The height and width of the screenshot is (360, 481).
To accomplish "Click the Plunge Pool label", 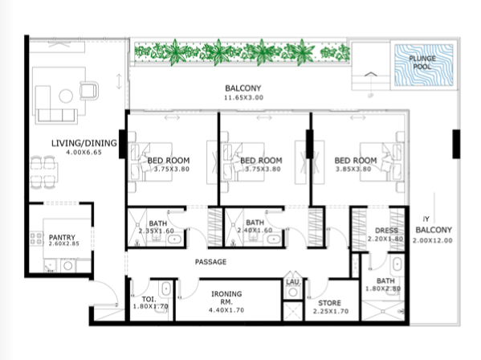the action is (x=422, y=63).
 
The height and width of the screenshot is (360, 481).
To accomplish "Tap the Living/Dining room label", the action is (x=84, y=143).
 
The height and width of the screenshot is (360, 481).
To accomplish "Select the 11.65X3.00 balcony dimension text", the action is (x=243, y=97).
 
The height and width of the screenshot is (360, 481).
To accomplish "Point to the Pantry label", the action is (x=62, y=237).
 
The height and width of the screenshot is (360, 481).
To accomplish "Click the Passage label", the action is (x=210, y=262).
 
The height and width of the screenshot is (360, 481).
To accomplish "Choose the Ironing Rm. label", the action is (x=226, y=297).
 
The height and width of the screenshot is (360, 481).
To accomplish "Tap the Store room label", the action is (x=329, y=303).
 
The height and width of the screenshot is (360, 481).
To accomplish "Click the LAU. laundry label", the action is (x=294, y=282).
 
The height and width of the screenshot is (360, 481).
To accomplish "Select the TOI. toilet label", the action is (x=149, y=299).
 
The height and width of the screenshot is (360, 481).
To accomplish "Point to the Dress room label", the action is (x=386, y=231).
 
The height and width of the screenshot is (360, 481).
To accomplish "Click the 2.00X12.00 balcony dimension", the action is (x=433, y=240).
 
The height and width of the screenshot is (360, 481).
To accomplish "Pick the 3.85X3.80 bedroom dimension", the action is (x=353, y=169).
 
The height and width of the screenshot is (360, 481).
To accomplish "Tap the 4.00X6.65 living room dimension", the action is (x=84, y=152).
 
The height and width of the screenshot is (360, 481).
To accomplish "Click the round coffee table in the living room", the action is (x=66, y=96).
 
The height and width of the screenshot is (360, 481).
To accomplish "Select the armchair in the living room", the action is (x=89, y=91).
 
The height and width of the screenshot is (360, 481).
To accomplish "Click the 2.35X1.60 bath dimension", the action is (x=157, y=231).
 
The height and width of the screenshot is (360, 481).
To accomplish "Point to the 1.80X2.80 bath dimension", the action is (x=383, y=288).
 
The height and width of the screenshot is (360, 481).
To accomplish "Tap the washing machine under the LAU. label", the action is (x=293, y=292).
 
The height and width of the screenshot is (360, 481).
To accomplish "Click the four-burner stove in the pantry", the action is (x=36, y=239).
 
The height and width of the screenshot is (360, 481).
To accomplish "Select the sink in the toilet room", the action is (x=165, y=288).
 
